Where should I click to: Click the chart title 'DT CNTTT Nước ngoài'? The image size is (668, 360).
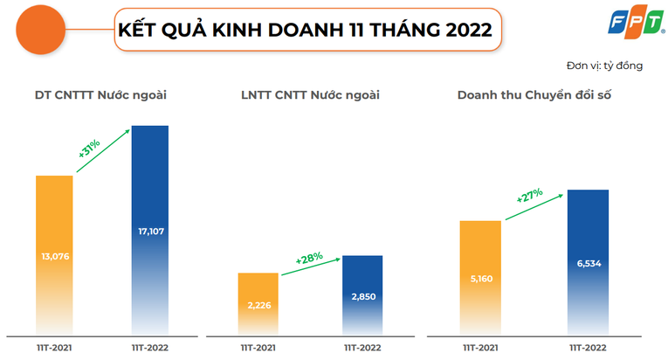click(100, 94)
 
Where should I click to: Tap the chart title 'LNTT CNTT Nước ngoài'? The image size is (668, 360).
click(310, 94)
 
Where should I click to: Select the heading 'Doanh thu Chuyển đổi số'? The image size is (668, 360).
click(534, 94)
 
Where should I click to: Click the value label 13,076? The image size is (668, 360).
click(54, 256)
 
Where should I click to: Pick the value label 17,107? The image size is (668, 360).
click(150, 232)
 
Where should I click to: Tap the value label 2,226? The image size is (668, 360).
click(259, 303)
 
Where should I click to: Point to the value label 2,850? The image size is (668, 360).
click(362, 296)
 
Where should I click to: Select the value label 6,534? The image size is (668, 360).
click(584, 263)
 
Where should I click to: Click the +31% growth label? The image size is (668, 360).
click(90, 147)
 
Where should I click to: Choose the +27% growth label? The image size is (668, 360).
click(529, 196)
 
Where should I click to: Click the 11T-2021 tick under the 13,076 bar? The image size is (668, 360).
click(54, 347)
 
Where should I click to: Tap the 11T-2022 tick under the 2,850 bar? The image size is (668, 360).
click(362, 347)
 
